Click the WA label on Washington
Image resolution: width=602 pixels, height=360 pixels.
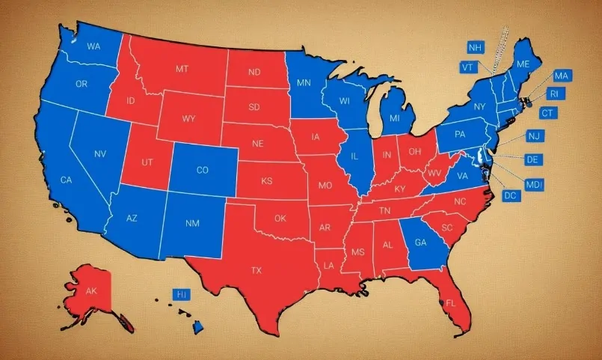click(93, 46)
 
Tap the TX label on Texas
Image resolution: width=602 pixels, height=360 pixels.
click(256, 270)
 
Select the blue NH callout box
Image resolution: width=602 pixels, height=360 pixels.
click(475, 48)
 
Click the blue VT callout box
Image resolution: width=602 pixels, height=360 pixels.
click(469, 67)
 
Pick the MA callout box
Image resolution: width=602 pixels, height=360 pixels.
click(562, 76)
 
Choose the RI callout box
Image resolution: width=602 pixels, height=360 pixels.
click(553, 94)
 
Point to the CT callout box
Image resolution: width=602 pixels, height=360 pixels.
click(548, 113)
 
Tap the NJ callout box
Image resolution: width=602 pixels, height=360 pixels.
click(533, 136)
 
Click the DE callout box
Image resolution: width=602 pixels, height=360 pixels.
click(533, 160)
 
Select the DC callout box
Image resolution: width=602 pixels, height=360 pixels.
click(511, 196)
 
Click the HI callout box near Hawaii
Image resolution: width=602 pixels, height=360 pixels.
click(181, 295)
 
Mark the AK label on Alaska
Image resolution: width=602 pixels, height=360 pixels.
click(91, 291)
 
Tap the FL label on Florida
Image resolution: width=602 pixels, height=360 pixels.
click(450, 303)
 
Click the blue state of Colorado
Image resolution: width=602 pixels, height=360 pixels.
click(203, 170)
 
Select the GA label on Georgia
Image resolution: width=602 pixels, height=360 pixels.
click(420, 242)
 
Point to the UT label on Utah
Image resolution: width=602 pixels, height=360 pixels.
click(147, 162)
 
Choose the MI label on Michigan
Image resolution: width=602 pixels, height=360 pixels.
click(395, 119)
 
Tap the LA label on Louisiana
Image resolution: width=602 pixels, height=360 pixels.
click(329, 266)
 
